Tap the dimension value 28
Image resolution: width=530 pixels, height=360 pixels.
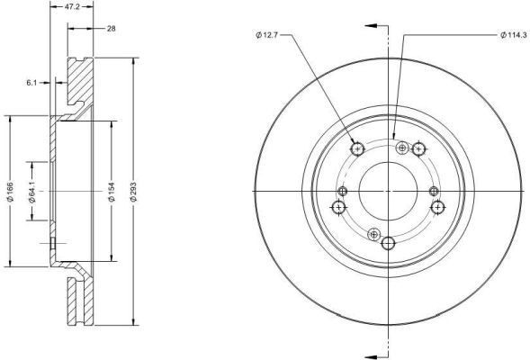tap(112, 30)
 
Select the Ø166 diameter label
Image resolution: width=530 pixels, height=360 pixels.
tap(9, 190)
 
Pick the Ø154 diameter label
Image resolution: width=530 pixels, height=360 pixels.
tap(110, 190)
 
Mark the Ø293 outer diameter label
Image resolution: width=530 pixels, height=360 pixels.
tap(134, 190)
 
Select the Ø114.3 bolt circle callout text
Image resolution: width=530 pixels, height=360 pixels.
tap(514, 35)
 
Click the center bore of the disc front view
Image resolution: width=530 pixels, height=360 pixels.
tap(388, 190)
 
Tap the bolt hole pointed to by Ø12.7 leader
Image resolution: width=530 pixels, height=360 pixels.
tap(358, 148)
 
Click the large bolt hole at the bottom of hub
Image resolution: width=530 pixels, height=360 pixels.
tap(389, 243)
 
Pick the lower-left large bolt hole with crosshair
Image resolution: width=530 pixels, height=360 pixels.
tap(339, 208)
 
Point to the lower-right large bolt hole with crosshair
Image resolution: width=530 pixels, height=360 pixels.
tap(437, 208)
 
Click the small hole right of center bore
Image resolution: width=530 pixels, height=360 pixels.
tap(434, 190)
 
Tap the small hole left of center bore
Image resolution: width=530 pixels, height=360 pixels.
tap(343, 190)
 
